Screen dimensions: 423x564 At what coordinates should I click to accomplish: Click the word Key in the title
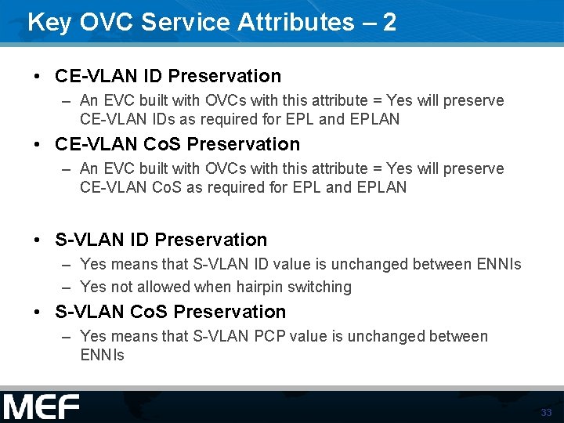(46, 22)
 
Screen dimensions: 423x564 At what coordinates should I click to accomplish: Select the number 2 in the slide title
(389, 22)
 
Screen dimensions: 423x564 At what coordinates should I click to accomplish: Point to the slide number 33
(546, 413)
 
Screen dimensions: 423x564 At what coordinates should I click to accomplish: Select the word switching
(320, 287)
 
